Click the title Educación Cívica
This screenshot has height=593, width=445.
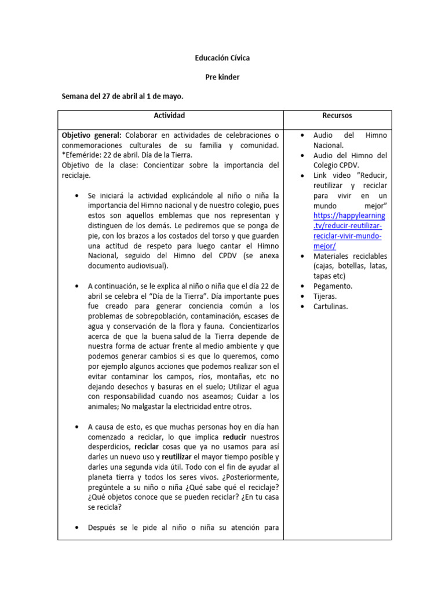(x=222, y=58)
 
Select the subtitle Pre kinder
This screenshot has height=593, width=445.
(x=222, y=77)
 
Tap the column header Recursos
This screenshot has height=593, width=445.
(x=337, y=116)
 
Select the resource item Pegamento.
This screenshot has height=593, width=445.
(x=333, y=286)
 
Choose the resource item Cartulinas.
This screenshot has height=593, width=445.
(x=331, y=306)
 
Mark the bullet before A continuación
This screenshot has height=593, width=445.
(x=78, y=286)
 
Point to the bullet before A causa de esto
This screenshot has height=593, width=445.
(x=78, y=427)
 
